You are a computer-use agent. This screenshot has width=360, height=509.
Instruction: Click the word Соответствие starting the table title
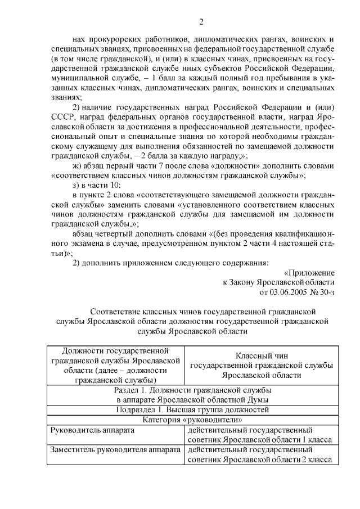[x=116, y=310]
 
